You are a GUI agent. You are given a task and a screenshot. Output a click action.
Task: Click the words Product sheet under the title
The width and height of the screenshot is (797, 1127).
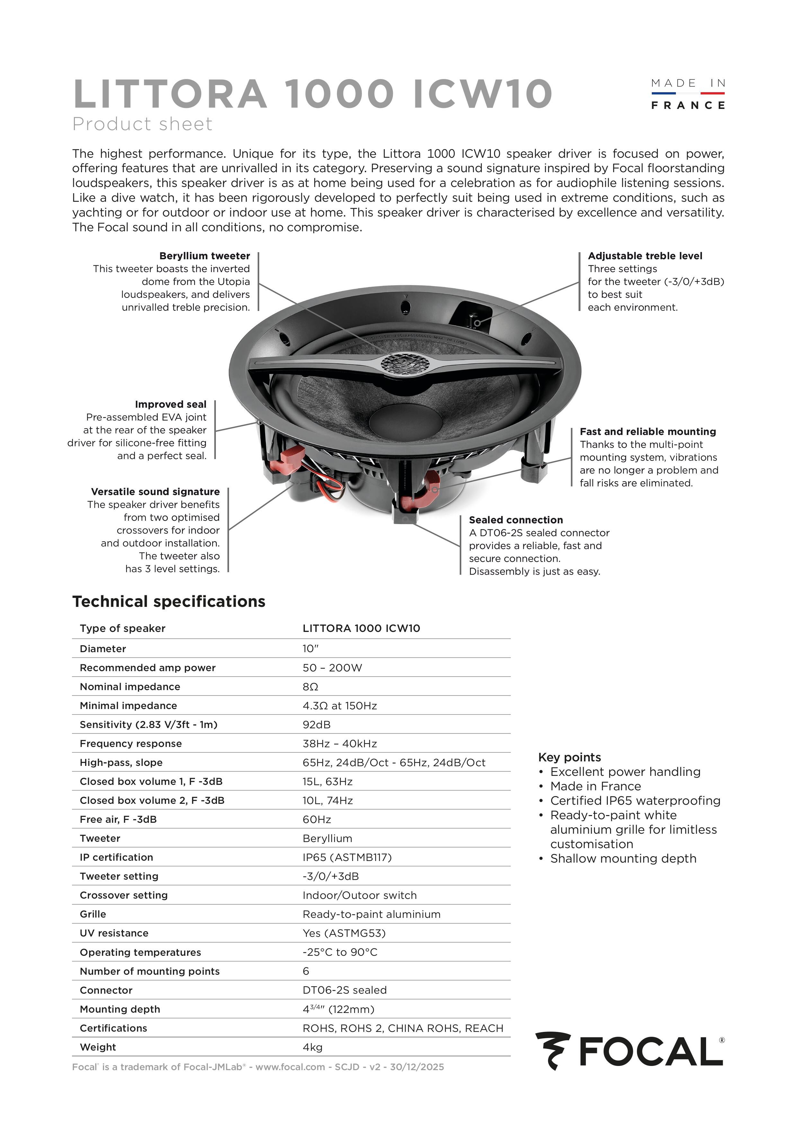(x=142, y=124)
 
